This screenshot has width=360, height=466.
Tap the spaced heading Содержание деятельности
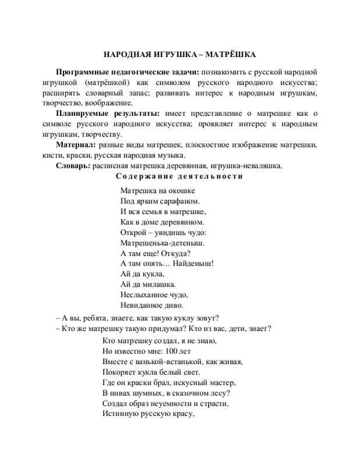(179, 176)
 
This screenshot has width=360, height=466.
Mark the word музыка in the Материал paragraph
(170, 155)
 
